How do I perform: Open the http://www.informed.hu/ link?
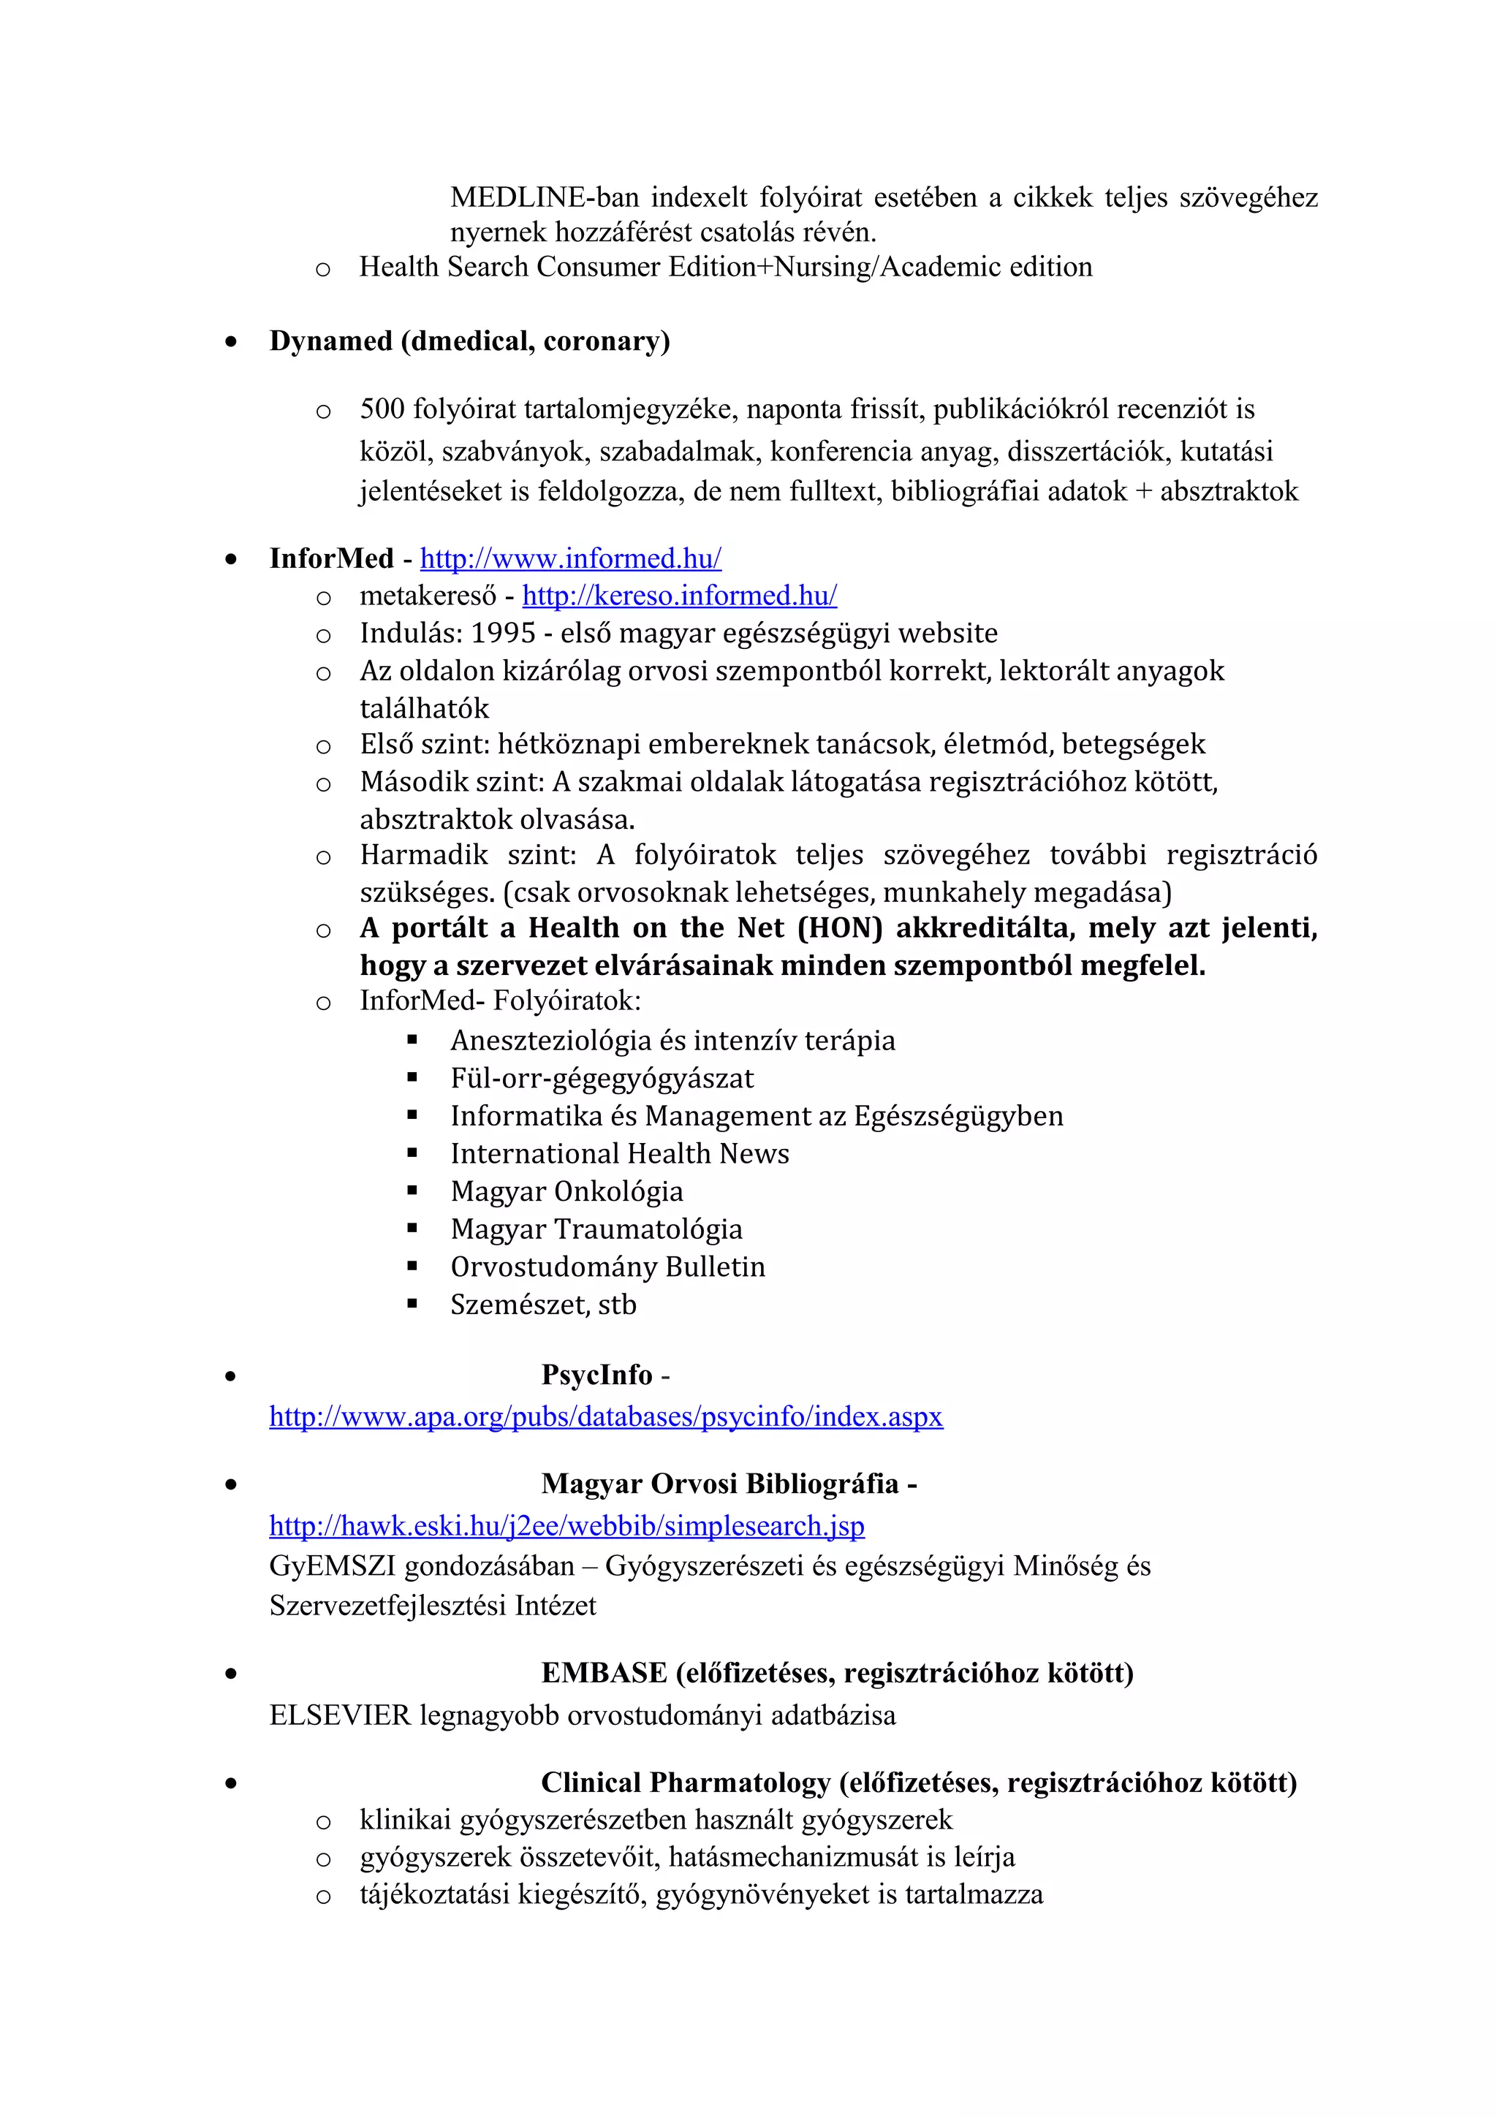570,558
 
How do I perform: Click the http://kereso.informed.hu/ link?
679,596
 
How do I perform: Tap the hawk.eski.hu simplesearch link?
566,1526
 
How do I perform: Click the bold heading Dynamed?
331,341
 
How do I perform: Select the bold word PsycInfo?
596,1375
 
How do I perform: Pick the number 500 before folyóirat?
382,409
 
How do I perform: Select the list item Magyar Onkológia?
566,1192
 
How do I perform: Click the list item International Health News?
619,1154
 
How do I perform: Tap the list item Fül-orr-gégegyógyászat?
602,1079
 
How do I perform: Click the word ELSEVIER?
339,1716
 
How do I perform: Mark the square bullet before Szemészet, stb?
412,1305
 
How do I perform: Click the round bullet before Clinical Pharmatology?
230,1783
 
